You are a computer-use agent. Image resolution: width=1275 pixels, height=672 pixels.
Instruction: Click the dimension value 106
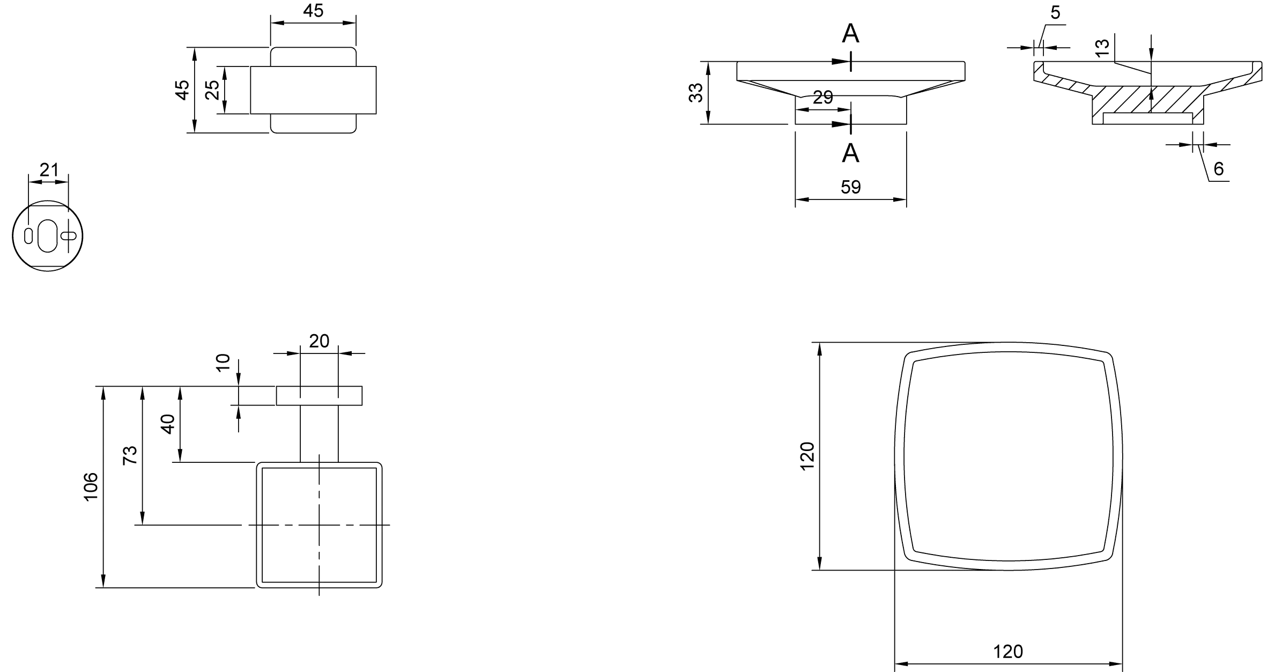click(x=91, y=486)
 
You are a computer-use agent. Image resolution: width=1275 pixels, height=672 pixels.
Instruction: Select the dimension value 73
click(x=130, y=455)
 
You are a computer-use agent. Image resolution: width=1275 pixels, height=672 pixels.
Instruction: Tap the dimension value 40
click(x=168, y=424)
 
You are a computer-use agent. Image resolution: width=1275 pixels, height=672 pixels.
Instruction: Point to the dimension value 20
click(x=319, y=341)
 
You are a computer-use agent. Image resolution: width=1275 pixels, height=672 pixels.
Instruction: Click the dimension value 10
click(x=223, y=362)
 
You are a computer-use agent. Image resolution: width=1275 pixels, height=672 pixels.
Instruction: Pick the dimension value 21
click(x=49, y=170)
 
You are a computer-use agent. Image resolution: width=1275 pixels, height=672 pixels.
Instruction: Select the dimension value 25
click(x=213, y=90)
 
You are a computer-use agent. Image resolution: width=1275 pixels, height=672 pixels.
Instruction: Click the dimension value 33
click(x=696, y=93)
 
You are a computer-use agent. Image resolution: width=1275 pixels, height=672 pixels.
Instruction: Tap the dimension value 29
click(x=823, y=98)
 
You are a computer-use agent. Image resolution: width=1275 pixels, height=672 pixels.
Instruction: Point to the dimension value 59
click(x=851, y=187)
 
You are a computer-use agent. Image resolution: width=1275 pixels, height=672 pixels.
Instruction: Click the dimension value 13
click(x=1102, y=48)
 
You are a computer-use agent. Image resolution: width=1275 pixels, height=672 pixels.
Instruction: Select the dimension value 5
click(x=1055, y=12)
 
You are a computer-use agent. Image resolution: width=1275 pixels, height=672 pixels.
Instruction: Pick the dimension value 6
click(x=1219, y=169)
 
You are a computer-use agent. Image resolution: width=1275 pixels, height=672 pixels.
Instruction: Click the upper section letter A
click(x=851, y=34)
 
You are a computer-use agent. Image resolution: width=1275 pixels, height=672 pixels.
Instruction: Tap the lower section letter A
click(x=851, y=153)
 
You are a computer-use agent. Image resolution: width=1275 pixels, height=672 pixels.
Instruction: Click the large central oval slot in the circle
click(x=48, y=235)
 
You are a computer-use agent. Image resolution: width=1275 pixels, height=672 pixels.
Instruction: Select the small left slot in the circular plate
click(x=28, y=236)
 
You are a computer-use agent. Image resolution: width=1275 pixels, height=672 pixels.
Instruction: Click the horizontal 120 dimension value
click(x=1008, y=652)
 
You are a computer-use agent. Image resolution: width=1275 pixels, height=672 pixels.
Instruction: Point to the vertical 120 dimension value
click(x=807, y=456)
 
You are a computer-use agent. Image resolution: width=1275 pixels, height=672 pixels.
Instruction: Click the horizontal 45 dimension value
click(x=313, y=11)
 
